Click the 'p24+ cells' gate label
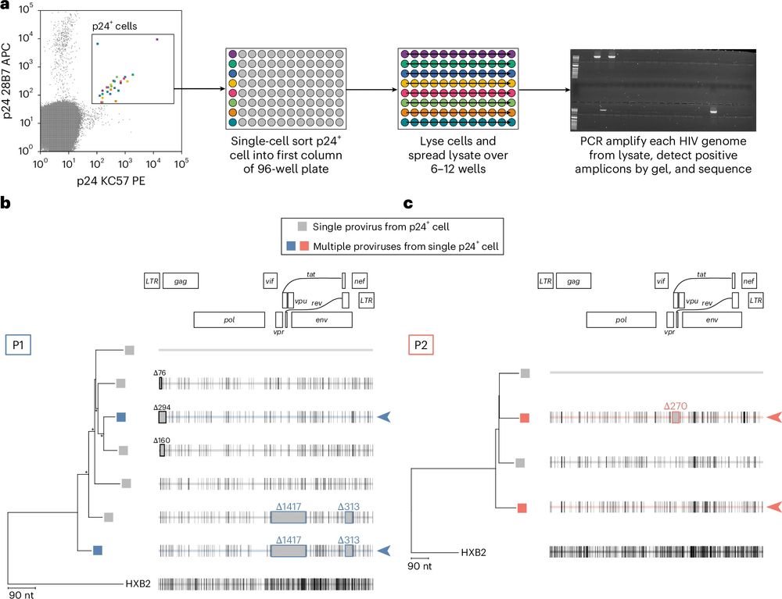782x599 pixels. tap(114, 26)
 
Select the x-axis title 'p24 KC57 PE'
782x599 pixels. tap(111, 180)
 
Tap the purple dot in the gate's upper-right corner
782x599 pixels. tap(157, 39)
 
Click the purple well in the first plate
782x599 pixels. tap(232, 54)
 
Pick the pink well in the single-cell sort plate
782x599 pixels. tap(232, 93)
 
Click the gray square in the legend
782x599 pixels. tap(302, 226)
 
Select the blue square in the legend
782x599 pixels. tap(292, 246)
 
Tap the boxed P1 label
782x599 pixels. tap(18, 344)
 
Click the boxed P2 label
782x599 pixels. tap(421, 344)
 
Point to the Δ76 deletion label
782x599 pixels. tap(160, 373)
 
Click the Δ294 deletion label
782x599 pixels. tap(162, 408)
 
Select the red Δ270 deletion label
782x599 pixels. tap(676, 406)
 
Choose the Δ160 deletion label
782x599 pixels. tap(162, 440)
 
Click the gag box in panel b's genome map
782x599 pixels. tap(181, 281)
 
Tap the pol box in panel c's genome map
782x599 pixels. tap(621, 319)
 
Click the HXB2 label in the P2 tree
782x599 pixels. tap(473, 552)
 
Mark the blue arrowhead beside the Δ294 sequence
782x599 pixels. tap(383, 417)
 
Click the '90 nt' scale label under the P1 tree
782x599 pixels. tap(22, 594)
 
